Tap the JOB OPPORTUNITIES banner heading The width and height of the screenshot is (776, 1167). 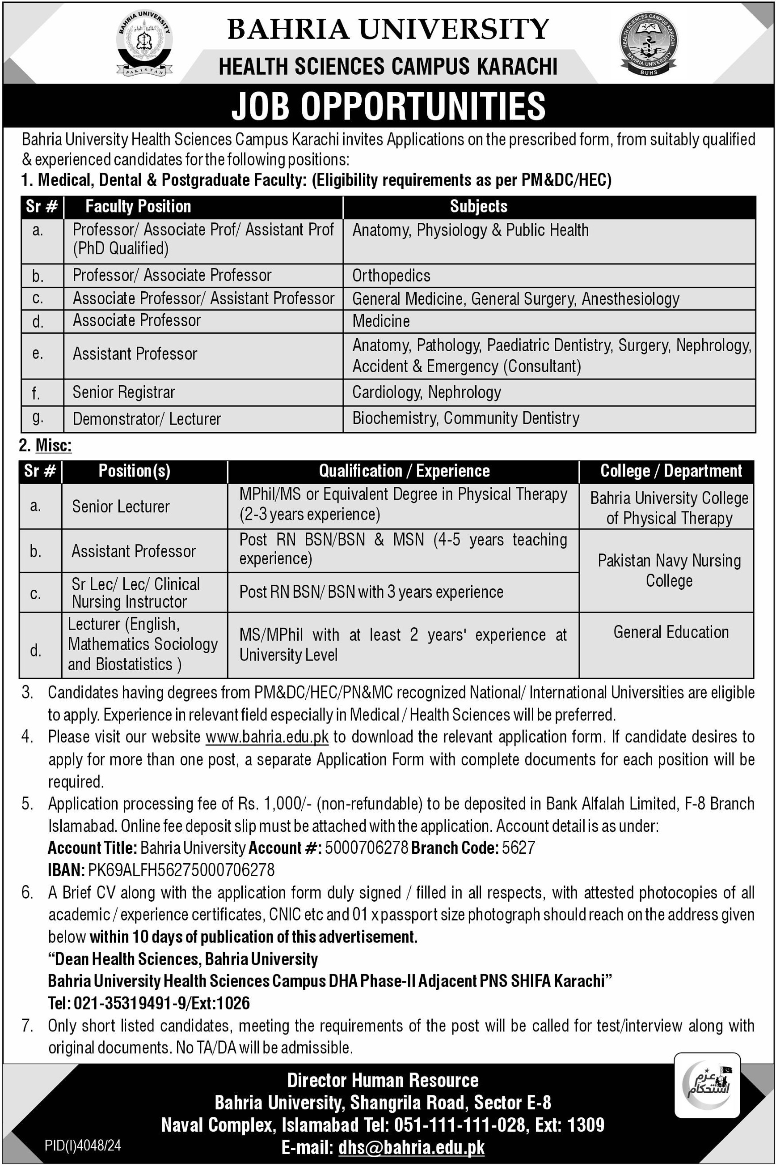(388, 106)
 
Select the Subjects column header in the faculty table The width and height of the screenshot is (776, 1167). (479, 207)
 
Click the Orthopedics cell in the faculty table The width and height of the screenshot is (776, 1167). (392, 275)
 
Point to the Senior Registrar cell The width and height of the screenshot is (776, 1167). (124, 392)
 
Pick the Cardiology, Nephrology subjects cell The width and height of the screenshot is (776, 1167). (426, 392)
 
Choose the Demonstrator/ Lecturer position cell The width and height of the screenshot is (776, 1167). (147, 419)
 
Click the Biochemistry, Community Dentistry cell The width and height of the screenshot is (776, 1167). (466, 418)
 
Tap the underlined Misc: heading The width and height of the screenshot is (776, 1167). (54, 445)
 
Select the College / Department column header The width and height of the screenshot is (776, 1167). (671, 471)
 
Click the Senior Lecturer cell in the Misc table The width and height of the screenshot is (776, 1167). (121, 506)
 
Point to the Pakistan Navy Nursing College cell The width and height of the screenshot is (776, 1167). (669, 570)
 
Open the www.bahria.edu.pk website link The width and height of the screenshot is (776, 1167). (267, 737)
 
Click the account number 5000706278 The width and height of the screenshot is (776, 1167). (366, 848)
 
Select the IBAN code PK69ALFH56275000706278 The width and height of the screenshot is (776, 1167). (181, 870)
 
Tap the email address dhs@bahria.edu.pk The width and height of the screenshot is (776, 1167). (411, 1147)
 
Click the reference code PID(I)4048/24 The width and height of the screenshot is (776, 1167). (83, 1145)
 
